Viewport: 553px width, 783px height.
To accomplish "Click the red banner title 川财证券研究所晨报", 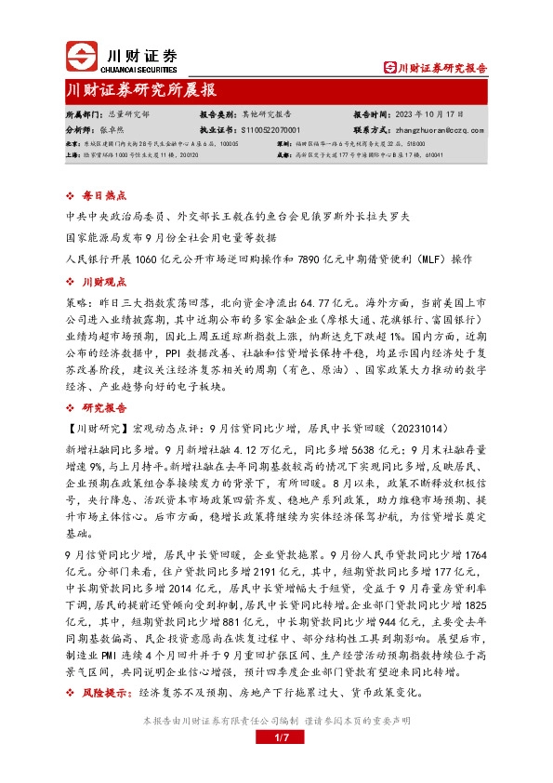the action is click(142, 89).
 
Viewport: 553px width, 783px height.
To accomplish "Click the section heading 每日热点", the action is click(103, 196).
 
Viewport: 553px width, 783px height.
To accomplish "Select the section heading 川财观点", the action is click(103, 280).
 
